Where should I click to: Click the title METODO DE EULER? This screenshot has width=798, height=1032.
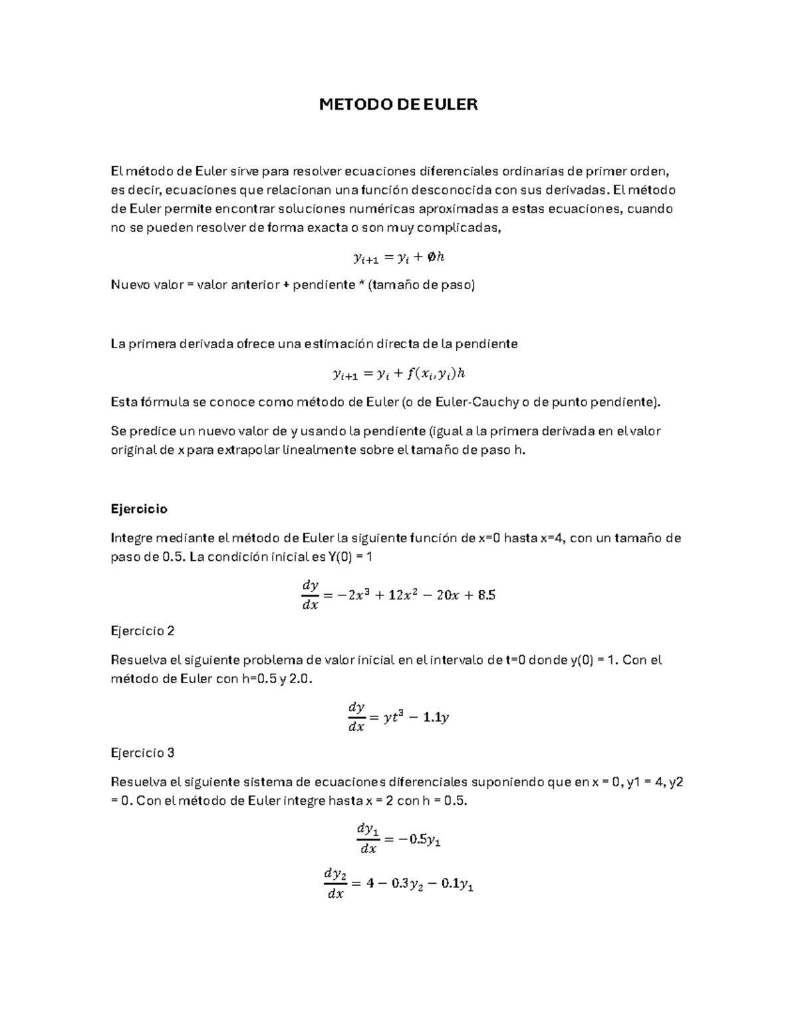398,104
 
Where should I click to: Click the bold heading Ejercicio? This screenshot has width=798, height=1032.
138,509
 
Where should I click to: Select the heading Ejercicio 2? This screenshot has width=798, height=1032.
142,631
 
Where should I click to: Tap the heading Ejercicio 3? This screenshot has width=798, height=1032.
142,753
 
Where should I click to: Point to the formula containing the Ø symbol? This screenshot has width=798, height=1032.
398,257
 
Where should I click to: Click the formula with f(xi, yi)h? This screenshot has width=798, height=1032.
398,374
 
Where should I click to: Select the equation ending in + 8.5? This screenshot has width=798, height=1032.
398,595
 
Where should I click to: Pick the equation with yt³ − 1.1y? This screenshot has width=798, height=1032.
398,717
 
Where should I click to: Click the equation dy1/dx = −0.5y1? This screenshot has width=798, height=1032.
398,839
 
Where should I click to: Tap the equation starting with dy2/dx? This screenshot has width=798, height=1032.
398,884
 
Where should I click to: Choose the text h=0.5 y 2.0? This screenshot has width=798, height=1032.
277,679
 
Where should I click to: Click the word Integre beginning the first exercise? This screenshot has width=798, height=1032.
132,538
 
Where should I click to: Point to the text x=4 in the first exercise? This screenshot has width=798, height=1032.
552,538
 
